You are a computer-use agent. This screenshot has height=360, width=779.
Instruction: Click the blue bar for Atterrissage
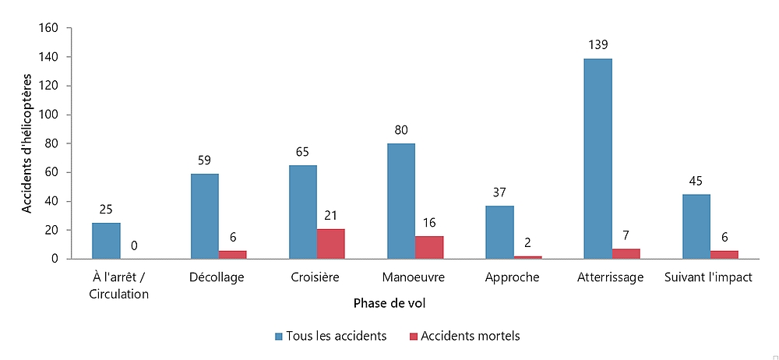point(598,159)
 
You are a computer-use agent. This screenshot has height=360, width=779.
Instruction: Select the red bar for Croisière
point(331,244)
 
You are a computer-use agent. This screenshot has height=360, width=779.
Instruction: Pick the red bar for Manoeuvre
point(429,247)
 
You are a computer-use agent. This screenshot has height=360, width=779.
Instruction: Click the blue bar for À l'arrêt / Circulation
point(106,241)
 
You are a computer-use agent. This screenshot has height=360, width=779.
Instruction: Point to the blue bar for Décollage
point(204,216)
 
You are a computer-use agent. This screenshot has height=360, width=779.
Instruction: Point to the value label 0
point(134,246)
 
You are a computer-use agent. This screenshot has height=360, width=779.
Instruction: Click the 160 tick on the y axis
point(48,28)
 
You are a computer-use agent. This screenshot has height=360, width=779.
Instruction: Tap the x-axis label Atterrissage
point(611,277)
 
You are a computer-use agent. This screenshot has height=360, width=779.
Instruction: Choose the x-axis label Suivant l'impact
point(710,277)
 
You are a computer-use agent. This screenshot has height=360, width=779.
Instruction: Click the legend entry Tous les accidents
point(330,336)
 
